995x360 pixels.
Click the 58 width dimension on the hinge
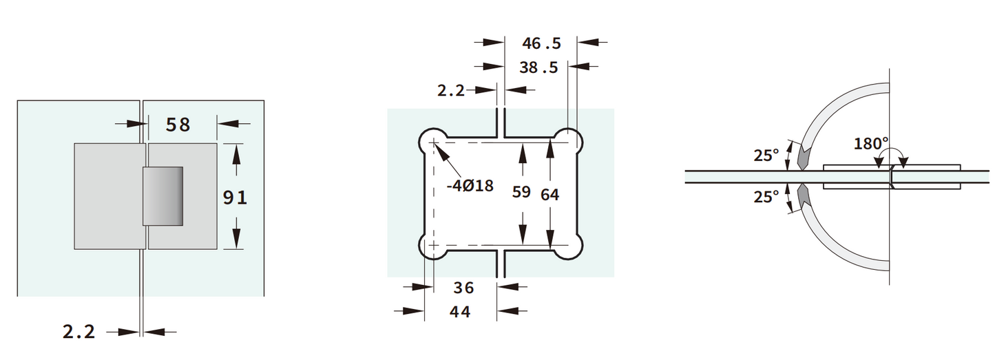pyautogui.click(x=178, y=125)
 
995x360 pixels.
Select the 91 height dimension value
pyautogui.click(x=235, y=198)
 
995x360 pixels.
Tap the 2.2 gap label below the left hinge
pyautogui.click(x=79, y=332)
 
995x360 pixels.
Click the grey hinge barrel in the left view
pyautogui.click(x=163, y=195)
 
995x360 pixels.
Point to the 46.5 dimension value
pyautogui.click(x=541, y=43)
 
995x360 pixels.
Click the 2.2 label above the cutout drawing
pyautogui.click(x=451, y=90)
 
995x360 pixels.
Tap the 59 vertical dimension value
pyautogui.click(x=522, y=192)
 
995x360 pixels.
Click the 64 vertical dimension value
pyautogui.click(x=549, y=195)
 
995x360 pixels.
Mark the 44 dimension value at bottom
pyautogui.click(x=460, y=312)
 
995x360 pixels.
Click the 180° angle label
pyautogui.click(x=871, y=144)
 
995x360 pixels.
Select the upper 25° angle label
pyautogui.click(x=766, y=156)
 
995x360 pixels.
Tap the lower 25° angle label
pyautogui.click(x=766, y=197)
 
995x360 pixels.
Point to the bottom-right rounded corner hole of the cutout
pyautogui.click(x=572, y=246)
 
